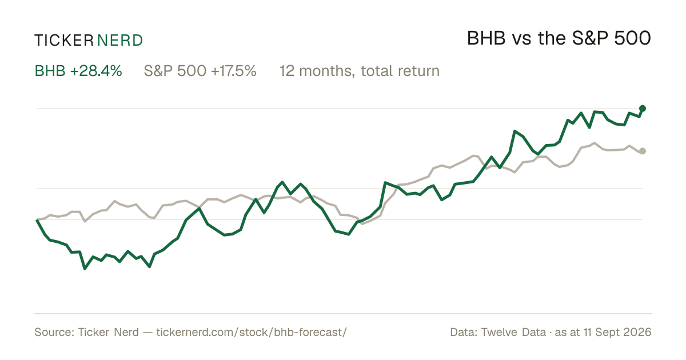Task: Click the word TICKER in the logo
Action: tap(64, 41)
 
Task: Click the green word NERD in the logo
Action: tap(120, 41)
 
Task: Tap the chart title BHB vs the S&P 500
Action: tap(559, 39)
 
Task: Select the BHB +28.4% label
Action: tap(78, 71)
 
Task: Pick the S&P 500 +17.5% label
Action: tap(200, 71)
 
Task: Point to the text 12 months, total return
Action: tap(360, 71)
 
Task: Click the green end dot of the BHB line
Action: tap(643, 109)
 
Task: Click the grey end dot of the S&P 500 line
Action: tap(643, 151)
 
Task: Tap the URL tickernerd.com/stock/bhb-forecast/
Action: tap(252, 332)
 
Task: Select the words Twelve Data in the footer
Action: tap(513, 332)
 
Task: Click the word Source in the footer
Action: tap(53, 332)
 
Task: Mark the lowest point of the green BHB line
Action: tap(85, 269)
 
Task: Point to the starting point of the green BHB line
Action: tap(37, 220)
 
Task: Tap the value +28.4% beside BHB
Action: tap(96, 71)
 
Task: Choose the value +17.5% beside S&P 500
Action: tap(234, 71)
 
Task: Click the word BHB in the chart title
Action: tap(486, 39)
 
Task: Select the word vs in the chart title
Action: tap(522, 41)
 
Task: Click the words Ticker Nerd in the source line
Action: tap(109, 332)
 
